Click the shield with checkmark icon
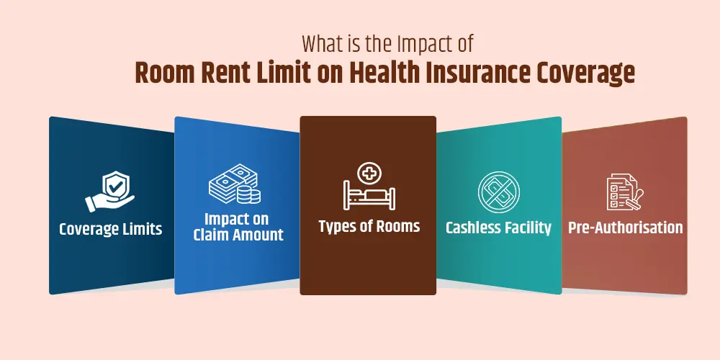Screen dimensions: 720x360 [x=110, y=192]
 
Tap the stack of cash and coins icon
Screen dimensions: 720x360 [x=235, y=184]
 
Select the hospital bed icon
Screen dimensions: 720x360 [x=369, y=186]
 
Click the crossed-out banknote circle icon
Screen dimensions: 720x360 [x=499, y=192]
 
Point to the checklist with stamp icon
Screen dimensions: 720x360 [x=625, y=192]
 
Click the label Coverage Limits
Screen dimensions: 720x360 [x=111, y=229]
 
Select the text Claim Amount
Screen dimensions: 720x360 [x=238, y=235]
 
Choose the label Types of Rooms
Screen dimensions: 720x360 [x=369, y=226]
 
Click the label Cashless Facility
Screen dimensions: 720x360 [x=498, y=228]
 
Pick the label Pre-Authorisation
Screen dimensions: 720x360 [x=626, y=228]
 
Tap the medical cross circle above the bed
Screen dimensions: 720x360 [x=369, y=174]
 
